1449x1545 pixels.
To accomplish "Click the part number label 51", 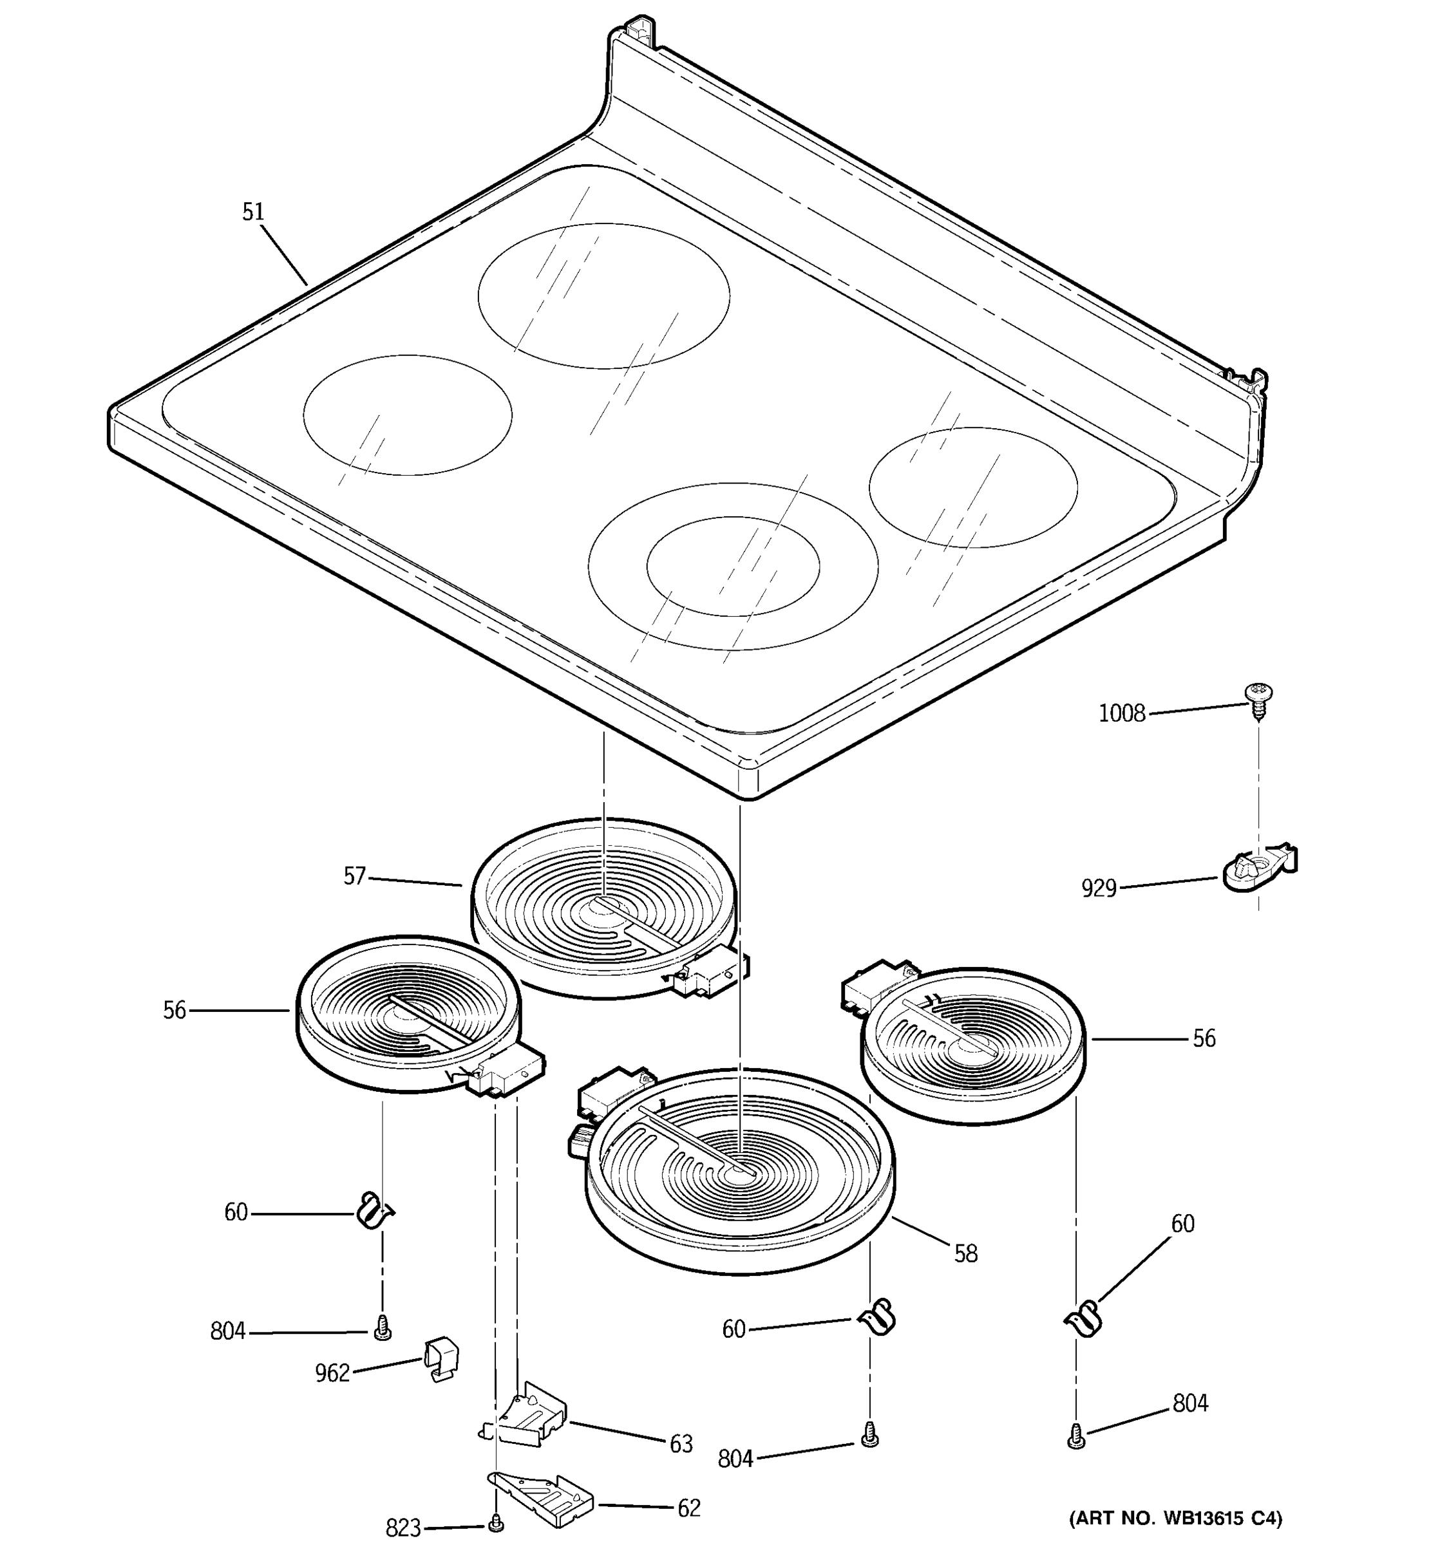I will click(254, 212).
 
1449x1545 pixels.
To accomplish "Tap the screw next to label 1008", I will click(1258, 700).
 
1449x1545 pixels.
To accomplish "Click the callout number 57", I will click(354, 877).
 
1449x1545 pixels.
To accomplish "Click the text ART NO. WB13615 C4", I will click(1175, 1518).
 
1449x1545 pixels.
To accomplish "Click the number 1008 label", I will click(1122, 713).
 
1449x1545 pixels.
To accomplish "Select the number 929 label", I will click(1099, 888).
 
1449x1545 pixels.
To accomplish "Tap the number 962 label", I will click(332, 1373).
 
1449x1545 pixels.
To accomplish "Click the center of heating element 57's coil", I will click(603, 907).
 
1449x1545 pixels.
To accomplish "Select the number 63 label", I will click(681, 1444).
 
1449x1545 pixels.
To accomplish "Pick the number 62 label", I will click(688, 1508).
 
